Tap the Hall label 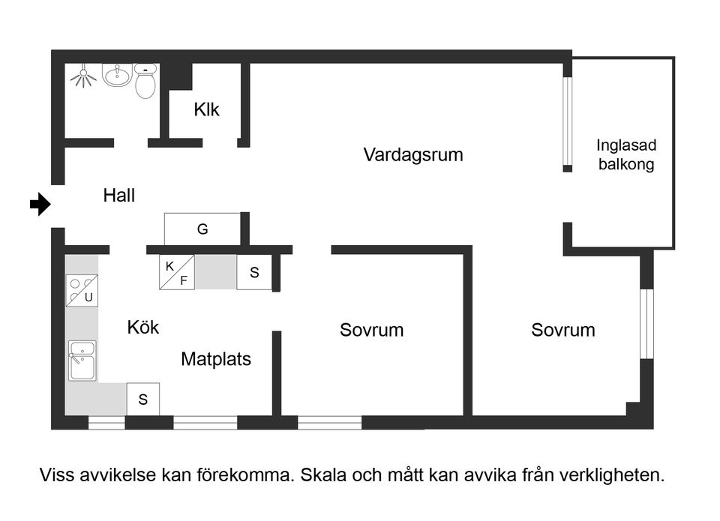[x=119, y=196]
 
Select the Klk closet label [x=206, y=109]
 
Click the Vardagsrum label [x=413, y=155]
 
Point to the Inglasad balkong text [x=626, y=155]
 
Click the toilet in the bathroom [x=145, y=82]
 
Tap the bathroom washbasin [x=117, y=75]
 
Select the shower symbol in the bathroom [x=83, y=77]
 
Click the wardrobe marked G [x=202, y=229]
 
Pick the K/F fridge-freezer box [x=177, y=273]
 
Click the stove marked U [x=82, y=292]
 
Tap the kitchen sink [x=81, y=361]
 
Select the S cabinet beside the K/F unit [x=254, y=273]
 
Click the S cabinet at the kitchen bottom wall [x=142, y=400]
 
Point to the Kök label [x=142, y=328]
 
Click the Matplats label [x=216, y=359]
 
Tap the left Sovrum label [x=371, y=330]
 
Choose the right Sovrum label [x=563, y=330]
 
